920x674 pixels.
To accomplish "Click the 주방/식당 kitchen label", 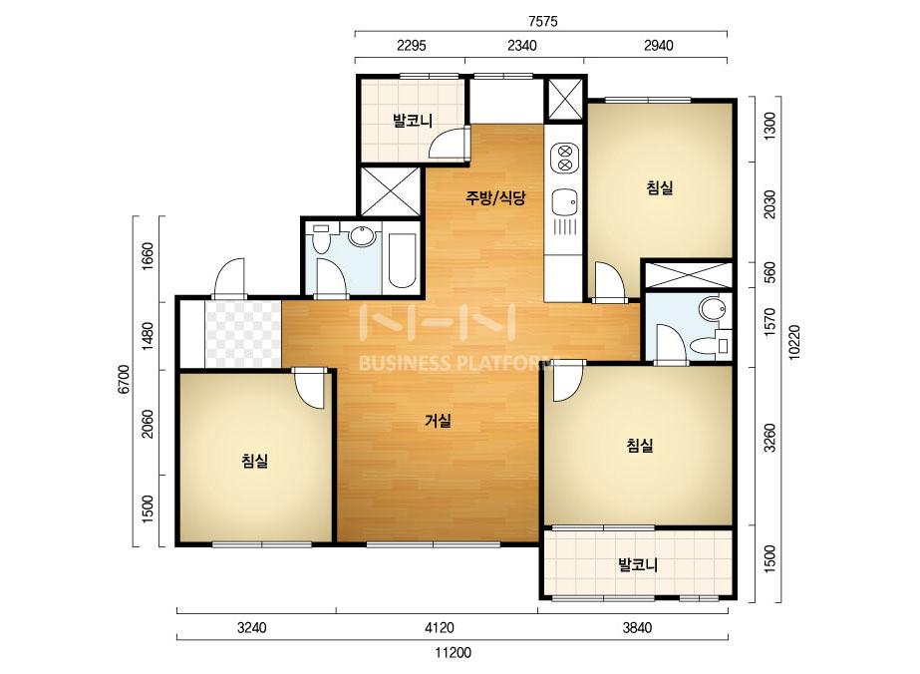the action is point(495,197).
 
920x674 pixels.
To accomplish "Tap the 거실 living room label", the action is point(439,421).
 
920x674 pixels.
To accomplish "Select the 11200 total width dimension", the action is point(453,653).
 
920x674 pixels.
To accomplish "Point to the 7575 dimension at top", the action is point(542,22).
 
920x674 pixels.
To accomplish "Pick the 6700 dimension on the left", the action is point(124,379).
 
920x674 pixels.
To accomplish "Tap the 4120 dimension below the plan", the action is point(439,627).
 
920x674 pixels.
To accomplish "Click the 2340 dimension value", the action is point(521,45).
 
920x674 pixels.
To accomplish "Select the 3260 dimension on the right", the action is point(769,438).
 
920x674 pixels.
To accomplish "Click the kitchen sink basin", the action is point(565,203).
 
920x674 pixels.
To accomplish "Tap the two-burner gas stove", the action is point(564,158).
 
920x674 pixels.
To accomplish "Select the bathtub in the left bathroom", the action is point(402,260).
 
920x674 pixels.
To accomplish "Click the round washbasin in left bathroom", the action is point(362,235).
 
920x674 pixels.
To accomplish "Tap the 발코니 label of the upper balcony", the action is point(413,121).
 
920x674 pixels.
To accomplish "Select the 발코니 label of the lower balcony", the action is point(638,564).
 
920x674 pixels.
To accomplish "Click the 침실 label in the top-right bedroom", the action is point(660,187).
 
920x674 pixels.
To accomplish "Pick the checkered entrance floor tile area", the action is point(242,333).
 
